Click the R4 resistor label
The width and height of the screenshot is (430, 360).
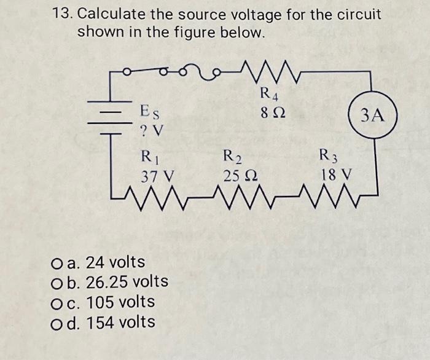click(x=268, y=95)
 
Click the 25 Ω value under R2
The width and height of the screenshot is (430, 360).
click(x=239, y=175)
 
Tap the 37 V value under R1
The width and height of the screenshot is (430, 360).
click(x=157, y=175)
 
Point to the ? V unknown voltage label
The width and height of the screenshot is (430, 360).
click(x=152, y=131)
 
